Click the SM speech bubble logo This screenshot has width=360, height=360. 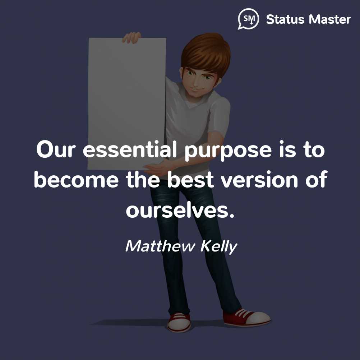point(248,19)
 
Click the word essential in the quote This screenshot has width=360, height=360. point(130,150)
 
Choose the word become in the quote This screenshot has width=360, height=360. point(76,180)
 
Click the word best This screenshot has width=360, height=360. point(190,180)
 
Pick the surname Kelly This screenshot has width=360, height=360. point(218,247)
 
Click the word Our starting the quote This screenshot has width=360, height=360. point(56,150)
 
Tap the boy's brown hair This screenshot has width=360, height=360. point(206,53)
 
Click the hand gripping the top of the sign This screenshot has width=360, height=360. point(131,38)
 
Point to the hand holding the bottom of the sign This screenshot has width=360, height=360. point(156,169)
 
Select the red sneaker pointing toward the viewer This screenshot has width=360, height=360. point(179,322)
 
